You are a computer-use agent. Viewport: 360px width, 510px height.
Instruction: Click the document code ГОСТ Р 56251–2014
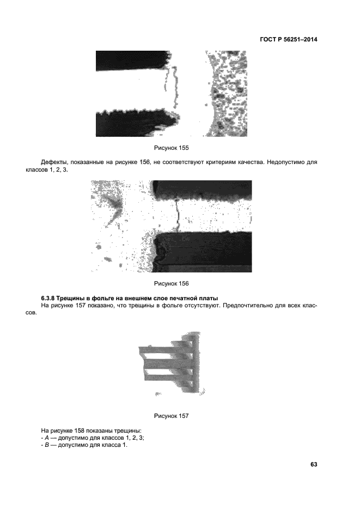point(289,40)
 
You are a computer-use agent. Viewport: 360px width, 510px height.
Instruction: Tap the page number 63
point(314,464)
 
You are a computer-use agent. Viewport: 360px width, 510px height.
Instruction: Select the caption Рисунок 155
point(172,148)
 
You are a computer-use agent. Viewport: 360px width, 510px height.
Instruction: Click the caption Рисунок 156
point(172,283)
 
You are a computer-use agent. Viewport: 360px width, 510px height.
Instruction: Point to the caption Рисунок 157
point(172,416)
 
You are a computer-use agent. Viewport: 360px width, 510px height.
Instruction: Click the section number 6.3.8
point(47,298)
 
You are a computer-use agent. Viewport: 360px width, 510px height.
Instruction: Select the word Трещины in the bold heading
point(69,298)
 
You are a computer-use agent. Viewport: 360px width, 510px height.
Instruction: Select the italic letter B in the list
point(47,445)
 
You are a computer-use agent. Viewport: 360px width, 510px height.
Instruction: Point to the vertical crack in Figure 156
point(177,215)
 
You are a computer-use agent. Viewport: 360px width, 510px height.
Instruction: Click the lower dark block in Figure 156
point(203,252)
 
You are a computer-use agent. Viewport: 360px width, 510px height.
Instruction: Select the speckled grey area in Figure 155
point(228,94)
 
